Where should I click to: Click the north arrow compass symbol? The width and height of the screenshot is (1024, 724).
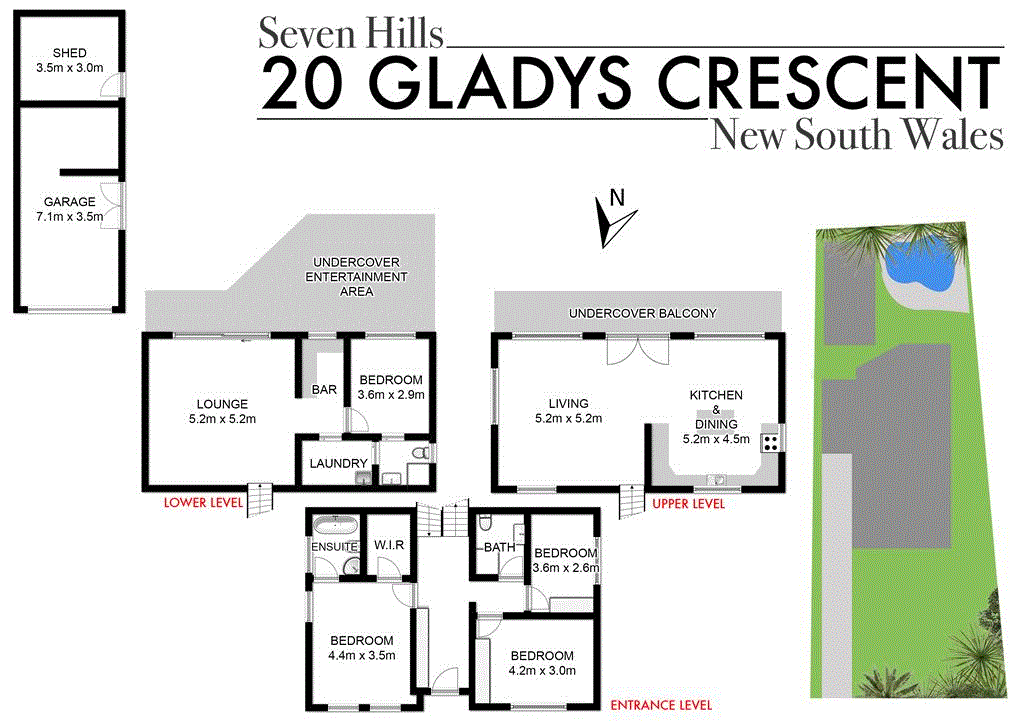pyautogui.click(x=609, y=218)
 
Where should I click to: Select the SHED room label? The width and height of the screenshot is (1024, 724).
pyautogui.click(x=69, y=53)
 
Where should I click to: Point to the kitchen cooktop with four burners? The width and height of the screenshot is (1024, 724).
pyautogui.click(x=771, y=439)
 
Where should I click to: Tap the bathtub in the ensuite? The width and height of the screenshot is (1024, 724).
pyautogui.click(x=334, y=525)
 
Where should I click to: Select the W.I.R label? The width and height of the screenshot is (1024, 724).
pyautogui.click(x=389, y=546)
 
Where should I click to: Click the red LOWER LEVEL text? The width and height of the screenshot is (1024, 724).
pyautogui.click(x=203, y=503)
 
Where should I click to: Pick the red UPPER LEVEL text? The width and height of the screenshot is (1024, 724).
pyautogui.click(x=688, y=504)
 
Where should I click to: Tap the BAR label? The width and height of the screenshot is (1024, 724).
pyautogui.click(x=324, y=389)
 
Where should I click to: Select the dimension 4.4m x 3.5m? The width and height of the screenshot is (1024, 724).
pyautogui.click(x=362, y=656)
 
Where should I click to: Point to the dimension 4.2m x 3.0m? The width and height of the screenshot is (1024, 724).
pyautogui.click(x=542, y=670)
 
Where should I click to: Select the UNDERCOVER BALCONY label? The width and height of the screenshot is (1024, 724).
pyautogui.click(x=642, y=313)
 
